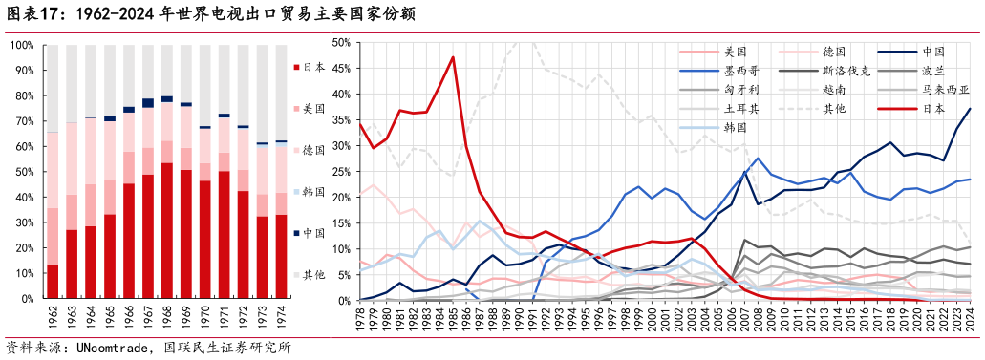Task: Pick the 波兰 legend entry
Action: [x=931, y=71]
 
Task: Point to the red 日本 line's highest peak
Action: [x=453, y=57]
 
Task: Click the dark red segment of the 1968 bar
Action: [x=167, y=230]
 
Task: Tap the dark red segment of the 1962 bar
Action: [x=53, y=281]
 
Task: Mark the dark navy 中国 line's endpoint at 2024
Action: [x=971, y=109]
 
